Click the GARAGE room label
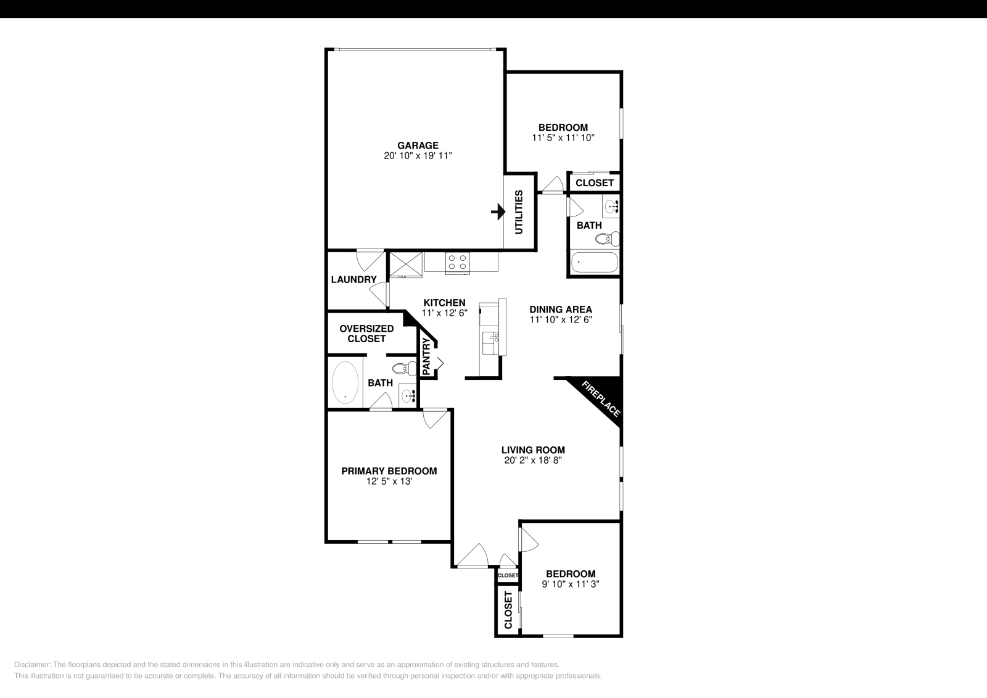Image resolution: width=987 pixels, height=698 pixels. point(418,146)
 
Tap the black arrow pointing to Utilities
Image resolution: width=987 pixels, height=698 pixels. point(497,212)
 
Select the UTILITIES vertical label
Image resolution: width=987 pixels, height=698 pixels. point(519,212)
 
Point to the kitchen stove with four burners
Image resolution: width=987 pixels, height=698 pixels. point(458,262)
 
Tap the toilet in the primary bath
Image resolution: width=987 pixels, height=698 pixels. point(402,369)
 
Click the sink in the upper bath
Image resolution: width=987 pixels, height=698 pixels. point(611,207)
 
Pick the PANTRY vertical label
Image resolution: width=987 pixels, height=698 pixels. point(426,356)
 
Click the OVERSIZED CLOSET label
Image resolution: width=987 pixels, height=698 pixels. point(366,334)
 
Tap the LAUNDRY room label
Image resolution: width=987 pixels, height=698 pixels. point(353,279)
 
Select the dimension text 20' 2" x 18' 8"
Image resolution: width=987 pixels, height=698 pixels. point(533,460)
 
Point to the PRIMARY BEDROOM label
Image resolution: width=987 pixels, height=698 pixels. point(389,471)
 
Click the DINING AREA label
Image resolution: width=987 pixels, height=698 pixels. point(561,310)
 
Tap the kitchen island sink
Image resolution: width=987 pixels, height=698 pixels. point(493,337)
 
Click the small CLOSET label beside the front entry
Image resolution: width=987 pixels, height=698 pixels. point(507,575)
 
